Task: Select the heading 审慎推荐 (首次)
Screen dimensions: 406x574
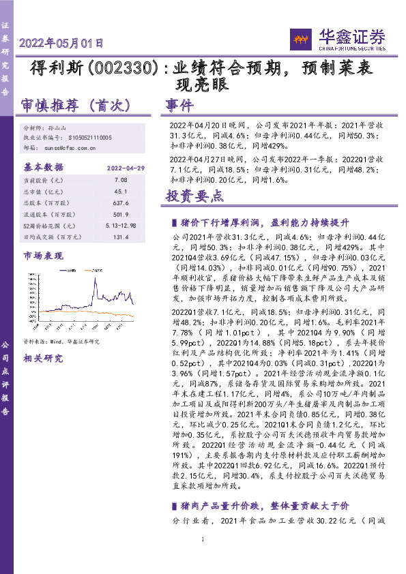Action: (x=76, y=106)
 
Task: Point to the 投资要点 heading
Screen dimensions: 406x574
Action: (x=194, y=196)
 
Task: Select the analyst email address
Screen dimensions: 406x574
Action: (x=68, y=147)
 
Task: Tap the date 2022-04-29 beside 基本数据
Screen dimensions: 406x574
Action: (x=126, y=167)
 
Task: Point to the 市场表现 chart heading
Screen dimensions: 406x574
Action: (x=42, y=256)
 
